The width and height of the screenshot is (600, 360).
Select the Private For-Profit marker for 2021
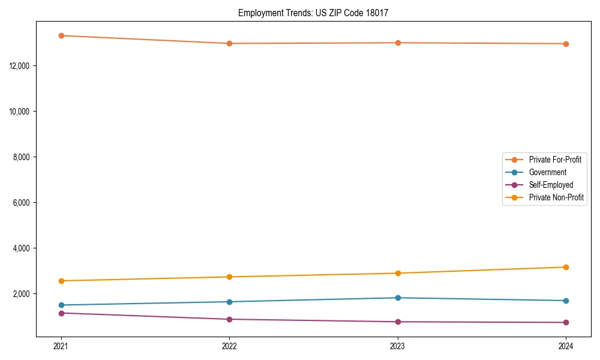tap(61, 35)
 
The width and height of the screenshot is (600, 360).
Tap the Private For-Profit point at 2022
tap(229, 43)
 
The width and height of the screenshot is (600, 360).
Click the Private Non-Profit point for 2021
tap(61, 281)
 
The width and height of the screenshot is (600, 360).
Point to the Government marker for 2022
tap(229, 302)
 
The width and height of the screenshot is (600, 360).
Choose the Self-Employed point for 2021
tap(61, 313)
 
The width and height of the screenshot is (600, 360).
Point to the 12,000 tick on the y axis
tap(21, 65)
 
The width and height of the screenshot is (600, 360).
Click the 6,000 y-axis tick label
tap(23, 203)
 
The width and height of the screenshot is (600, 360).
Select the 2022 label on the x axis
tap(229, 346)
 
